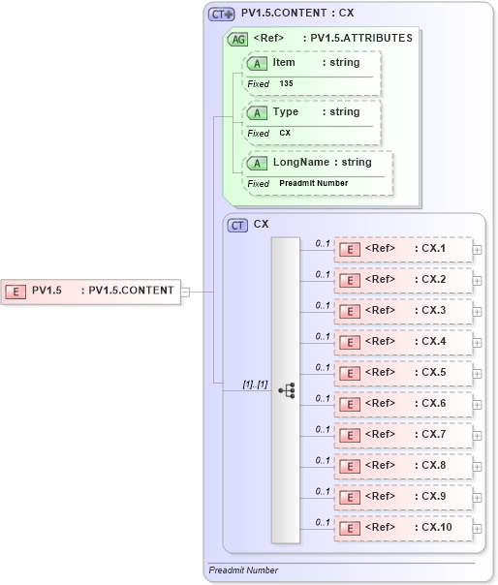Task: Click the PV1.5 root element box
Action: pyautogui.click(x=91, y=290)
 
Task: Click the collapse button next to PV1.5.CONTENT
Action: pyautogui.click(x=185, y=290)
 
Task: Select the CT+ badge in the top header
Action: pyautogui.click(x=223, y=15)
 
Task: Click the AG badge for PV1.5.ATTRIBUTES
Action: pyautogui.click(x=236, y=40)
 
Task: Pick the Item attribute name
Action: pyautogui.click(x=284, y=62)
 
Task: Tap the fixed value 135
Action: pyautogui.click(x=287, y=84)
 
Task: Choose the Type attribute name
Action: pyautogui.click(x=286, y=112)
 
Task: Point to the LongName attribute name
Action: pyautogui.click(x=302, y=162)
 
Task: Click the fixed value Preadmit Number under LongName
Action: pyautogui.click(x=314, y=183)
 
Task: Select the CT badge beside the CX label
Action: pyautogui.click(x=237, y=225)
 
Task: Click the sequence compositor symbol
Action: pyautogui.click(x=286, y=389)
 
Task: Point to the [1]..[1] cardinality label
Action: pyautogui.click(x=256, y=385)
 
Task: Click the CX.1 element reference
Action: pyautogui.click(x=402, y=249)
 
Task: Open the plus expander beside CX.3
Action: pyautogui.click(x=477, y=311)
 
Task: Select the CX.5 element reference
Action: pyautogui.click(x=402, y=373)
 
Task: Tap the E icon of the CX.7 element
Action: pyautogui.click(x=347, y=435)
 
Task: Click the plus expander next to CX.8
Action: pyautogui.click(x=477, y=466)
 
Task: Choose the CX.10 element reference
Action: pyautogui.click(x=402, y=528)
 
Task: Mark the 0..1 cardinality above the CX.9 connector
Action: pyautogui.click(x=323, y=490)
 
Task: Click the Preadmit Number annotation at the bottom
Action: pyautogui.click(x=243, y=570)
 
